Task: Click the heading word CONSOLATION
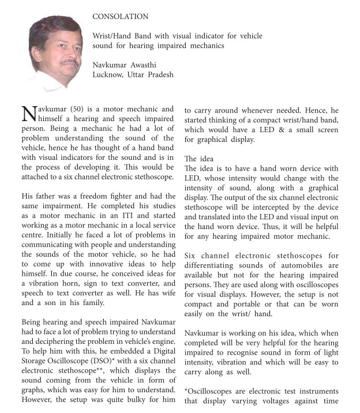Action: (120, 17)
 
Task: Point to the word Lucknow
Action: (110, 74)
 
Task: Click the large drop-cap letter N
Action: (28, 115)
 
